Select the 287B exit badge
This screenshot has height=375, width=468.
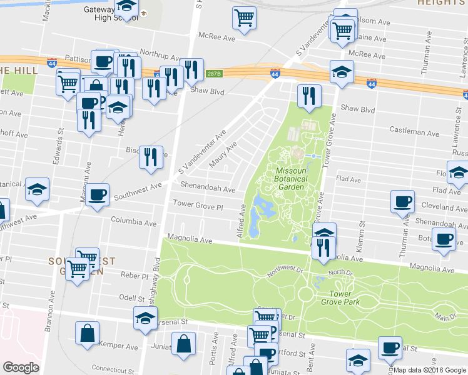pos(214,74)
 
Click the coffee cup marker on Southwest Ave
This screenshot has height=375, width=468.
pos(97,195)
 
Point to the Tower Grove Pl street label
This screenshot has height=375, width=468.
pos(198,205)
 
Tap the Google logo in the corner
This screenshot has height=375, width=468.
pos(21,367)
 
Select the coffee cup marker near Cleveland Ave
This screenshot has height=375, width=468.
pos(402,202)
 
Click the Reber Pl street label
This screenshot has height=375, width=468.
pos(135,276)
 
